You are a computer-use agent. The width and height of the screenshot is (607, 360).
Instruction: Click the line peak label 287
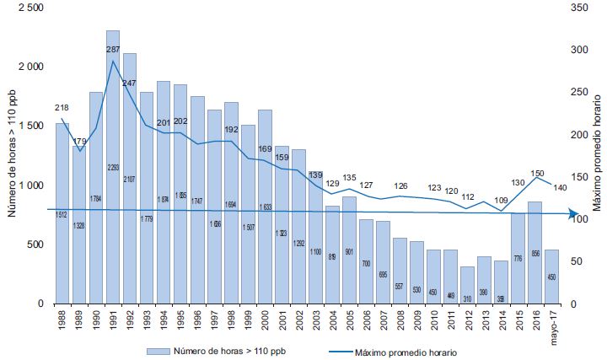pos(114,50)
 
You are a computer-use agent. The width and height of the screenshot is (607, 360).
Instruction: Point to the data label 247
pos(130,83)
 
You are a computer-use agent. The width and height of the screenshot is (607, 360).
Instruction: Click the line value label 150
pos(537,173)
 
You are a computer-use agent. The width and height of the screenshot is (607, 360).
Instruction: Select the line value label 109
pos(500,201)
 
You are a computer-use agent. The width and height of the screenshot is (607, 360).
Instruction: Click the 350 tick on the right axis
pos(575,7)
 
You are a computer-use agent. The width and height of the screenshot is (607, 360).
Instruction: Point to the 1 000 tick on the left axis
pos(30,185)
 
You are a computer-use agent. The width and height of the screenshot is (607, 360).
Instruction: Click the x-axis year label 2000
pos(264,320)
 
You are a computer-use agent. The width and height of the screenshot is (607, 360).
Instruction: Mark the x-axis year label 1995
pos(180,320)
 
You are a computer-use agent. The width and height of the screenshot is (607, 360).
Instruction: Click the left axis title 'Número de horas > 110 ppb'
pos(11,156)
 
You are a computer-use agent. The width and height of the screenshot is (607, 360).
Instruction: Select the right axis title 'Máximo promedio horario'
pos(597,156)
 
